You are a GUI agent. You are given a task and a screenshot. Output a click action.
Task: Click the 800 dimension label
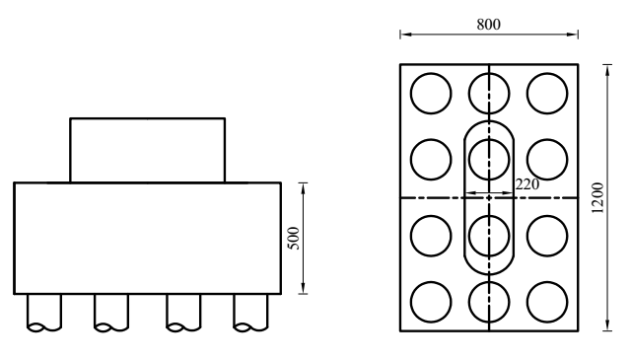pyautogui.click(x=489, y=25)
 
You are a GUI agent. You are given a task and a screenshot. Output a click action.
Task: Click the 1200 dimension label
pyautogui.click(x=597, y=198)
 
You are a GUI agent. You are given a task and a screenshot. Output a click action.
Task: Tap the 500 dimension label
pyautogui.click(x=294, y=239)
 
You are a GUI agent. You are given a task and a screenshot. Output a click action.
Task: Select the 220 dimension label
pyautogui.click(x=527, y=184)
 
